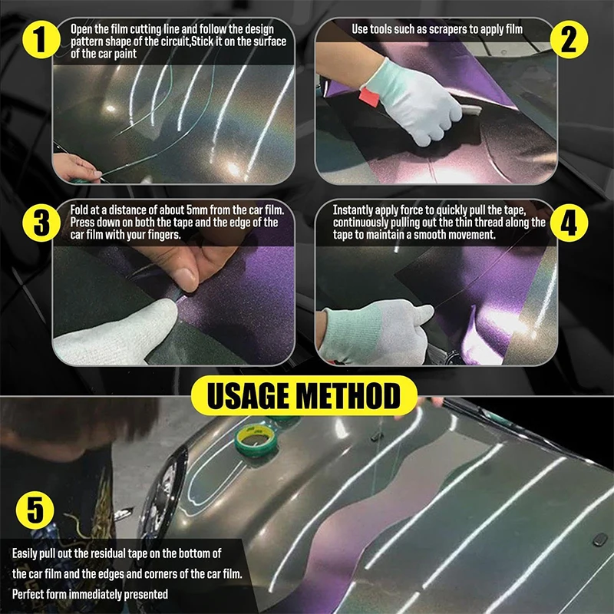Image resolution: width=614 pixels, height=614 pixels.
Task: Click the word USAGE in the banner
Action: [256, 398]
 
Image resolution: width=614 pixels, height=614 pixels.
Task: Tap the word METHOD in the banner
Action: [353, 398]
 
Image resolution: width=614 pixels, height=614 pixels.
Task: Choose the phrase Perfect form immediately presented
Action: [90, 594]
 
